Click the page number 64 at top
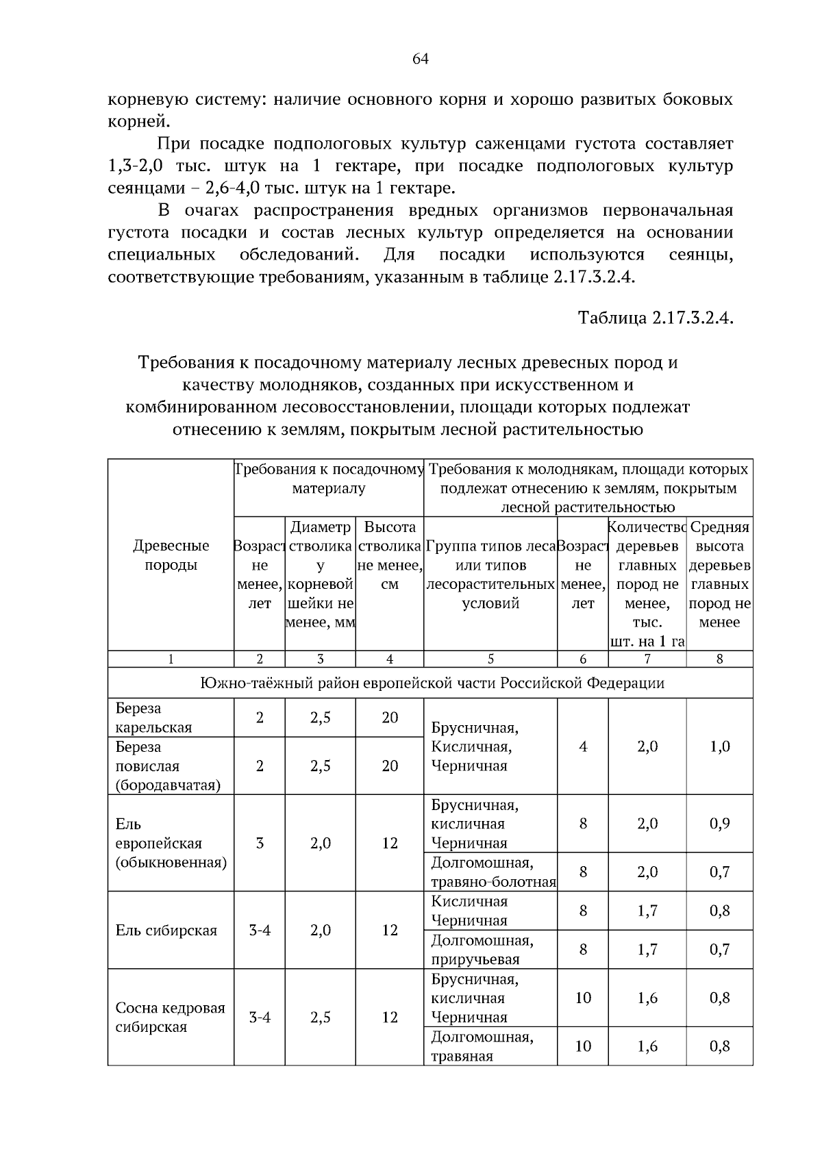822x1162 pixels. [x=420, y=59]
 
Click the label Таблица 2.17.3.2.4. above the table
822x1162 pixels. [x=656, y=318]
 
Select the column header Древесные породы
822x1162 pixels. [x=171, y=555]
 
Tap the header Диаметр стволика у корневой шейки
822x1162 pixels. [x=320, y=574]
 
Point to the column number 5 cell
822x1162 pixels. [x=490, y=659]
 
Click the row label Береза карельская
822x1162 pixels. [x=153, y=718]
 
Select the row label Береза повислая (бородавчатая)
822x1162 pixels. [x=167, y=766]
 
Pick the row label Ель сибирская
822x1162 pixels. [x=166, y=930]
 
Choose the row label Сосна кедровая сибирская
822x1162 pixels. [x=170, y=1018]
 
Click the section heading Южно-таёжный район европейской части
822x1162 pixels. [x=432, y=683]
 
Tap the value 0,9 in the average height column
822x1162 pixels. [x=719, y=823]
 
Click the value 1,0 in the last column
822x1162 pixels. [x=719, y=746]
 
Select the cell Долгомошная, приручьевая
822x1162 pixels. [x=482, y=949]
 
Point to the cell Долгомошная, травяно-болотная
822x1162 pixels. [x=492, y=872]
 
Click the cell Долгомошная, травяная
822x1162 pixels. [x=482, y=1046]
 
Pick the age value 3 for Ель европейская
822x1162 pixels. [x=260, y=843]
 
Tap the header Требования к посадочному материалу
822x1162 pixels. [x=329, y=479]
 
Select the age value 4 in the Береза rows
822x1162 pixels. [x=582, y=746]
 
